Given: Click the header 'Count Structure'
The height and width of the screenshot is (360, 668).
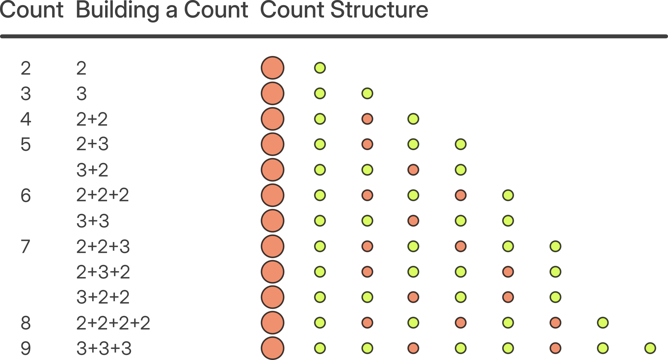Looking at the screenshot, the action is [x=344, y=10].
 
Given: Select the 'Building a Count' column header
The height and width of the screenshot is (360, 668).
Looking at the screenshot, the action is [x=162, y=11].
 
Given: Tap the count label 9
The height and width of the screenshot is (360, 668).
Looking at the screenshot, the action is [x=26, y=348].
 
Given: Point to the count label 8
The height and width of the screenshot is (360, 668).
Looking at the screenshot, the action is [x=26, y=323].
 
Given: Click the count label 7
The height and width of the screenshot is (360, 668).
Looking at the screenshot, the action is [x=26, y=247].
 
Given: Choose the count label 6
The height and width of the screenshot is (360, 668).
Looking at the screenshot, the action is [x=26, y=195].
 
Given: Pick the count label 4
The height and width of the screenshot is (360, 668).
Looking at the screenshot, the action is [x=26, y=119].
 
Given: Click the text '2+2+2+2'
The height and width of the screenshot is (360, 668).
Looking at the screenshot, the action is [x=113, y=323].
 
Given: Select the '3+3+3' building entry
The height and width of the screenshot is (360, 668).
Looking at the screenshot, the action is [x=104, y=348].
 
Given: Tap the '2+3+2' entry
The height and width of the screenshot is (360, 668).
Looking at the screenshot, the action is [x=103, y=272].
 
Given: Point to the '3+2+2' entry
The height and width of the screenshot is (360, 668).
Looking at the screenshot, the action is [x=103, y=297].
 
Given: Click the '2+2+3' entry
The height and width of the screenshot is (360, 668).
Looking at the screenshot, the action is [x=103, y=247].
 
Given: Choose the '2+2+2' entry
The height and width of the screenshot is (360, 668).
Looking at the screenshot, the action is [x=103, y=195].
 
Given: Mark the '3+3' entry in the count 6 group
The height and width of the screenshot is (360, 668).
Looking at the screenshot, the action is [x=93, y=221].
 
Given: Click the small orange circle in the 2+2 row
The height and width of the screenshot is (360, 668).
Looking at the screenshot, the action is [x=367, y=119].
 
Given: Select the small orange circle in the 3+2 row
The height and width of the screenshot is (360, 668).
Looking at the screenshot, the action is [x=413, y=170].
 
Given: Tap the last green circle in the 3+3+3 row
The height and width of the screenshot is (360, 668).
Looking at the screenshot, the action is [x=650, y=348].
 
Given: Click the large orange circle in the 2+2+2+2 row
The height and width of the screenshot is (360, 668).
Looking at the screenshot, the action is [x=273, y=323].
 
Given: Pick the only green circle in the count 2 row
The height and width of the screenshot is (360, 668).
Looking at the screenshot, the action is [x=320, y=68].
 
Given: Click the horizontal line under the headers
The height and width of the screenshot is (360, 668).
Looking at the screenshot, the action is [x=334, y=36].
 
